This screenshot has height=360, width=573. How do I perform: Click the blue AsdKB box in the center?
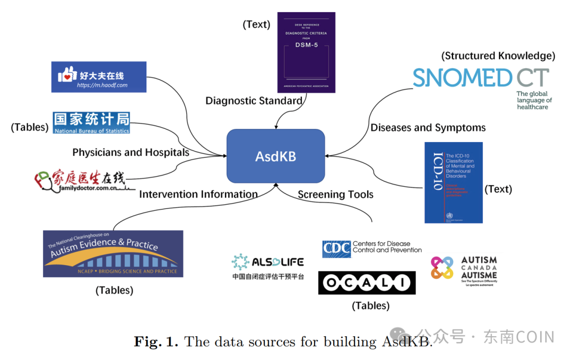pyautogui.click(x=275, y=156)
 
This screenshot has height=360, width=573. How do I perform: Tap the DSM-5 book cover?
pyautogui.click(x=307, y=52)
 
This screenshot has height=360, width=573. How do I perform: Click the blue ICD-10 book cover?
pyautogui.click(x=453, y=182)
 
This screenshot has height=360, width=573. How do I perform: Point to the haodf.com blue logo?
pyautogui.click(x=99, y=77)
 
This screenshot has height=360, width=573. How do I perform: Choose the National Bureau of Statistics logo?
pyautogui.click(x=91, y=122)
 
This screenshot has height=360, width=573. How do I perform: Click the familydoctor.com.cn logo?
pyautogui.click(x=83, y=181)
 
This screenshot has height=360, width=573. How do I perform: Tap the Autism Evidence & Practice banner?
pyautogui.click(x=113, y=253)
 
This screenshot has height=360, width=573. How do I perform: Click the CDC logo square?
pyautogui.click(x=336, y=249)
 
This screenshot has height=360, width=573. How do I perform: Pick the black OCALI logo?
pyautogui.click(x=367, y=283)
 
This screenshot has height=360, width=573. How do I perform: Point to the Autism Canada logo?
pyautogui.click(x=464, y=270)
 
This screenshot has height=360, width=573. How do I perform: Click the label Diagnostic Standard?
pyautogui.click(x=254, y=101)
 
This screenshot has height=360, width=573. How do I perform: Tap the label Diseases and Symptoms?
pyautogui.click(x=428, y=127)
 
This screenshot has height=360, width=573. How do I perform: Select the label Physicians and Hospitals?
pyautogui.click(x=131, y=153)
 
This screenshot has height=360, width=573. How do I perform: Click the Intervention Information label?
pyautogui.click(x=198, y=195)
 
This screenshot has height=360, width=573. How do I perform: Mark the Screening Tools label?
pyautogui.click(x=335, y=195)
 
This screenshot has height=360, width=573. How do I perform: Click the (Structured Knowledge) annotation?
pyautogui.click(x=498, y=56)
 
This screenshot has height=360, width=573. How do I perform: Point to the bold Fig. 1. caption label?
pyautogui.click(x=157, y=342)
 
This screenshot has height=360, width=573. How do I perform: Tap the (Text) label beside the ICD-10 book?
pyautogui.click(x=498, y=189)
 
